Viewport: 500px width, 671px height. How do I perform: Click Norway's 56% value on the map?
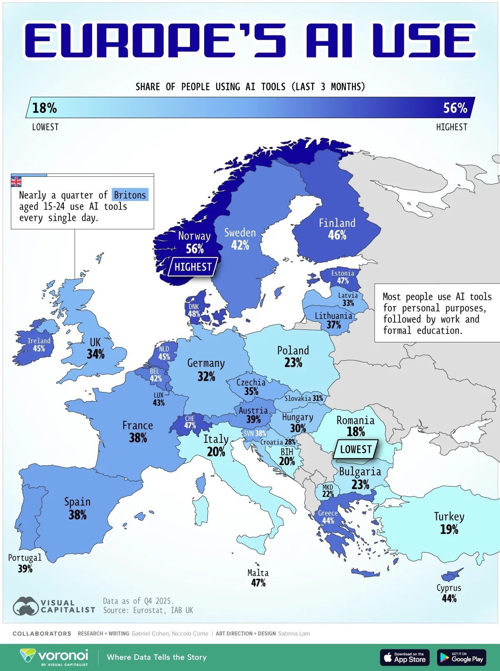(x=195, y=249)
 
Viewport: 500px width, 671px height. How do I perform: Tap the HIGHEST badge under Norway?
(x=193, y=267)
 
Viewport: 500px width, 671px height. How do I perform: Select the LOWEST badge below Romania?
(x=355, y=449)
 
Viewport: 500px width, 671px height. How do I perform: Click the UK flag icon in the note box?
(x=16, y=181)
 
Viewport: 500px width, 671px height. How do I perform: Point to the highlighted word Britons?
(x=130, y=195)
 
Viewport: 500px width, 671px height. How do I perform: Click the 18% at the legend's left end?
(x=45, y=108)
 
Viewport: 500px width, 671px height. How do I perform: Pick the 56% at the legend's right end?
(x=455, y=108)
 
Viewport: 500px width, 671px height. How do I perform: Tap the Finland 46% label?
(x=337, y=229)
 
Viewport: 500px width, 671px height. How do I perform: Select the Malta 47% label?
(x=258, y=578)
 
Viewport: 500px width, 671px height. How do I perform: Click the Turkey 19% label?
(x=449, y=523)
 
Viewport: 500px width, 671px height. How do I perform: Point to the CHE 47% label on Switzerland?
(x=190, y=422)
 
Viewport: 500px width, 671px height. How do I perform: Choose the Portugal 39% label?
(x=25, y=563)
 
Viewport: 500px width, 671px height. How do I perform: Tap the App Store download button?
(x=404, y=657)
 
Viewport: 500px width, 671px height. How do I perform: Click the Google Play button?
(x=461, y=657)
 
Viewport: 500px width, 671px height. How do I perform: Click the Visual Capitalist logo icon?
(x=26, y=606)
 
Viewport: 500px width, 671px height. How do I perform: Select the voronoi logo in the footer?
(x=54, y=656)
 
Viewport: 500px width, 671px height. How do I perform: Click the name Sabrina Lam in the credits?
(x=294, y=633)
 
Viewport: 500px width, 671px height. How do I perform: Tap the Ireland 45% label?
(x=39, y=344)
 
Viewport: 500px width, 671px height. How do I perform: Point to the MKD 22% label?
(x=328, y=491)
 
